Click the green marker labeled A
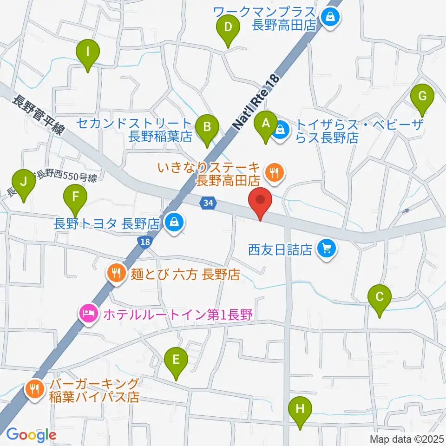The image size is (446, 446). [266, 125]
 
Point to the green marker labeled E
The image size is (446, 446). [176, 360]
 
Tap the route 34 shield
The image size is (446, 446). [209, 203]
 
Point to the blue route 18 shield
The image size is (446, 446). [145, 241]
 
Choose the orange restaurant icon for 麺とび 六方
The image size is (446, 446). [115, 273]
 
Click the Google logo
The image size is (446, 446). [31, 435]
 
